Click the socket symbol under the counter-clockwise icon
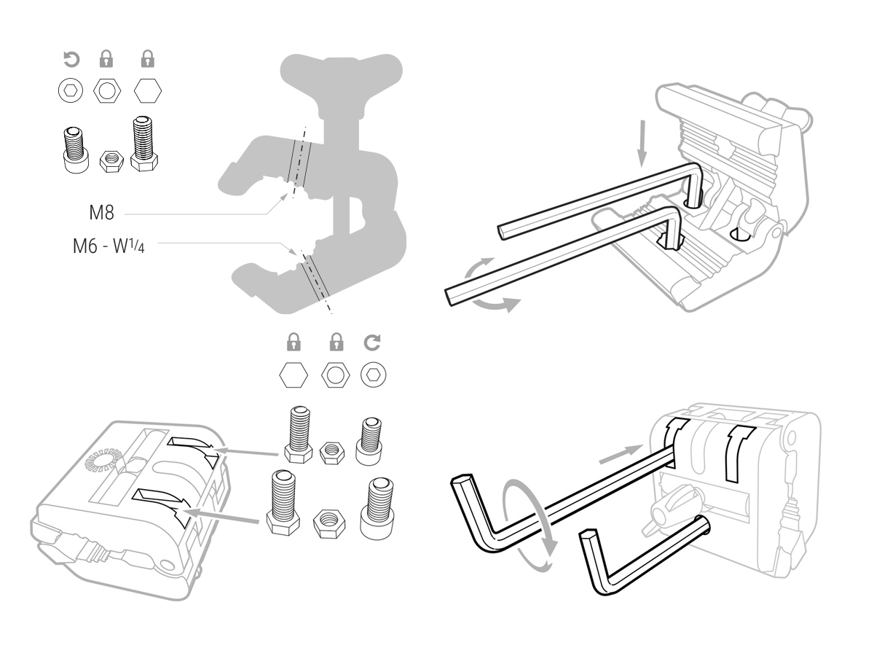coord(70,91)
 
